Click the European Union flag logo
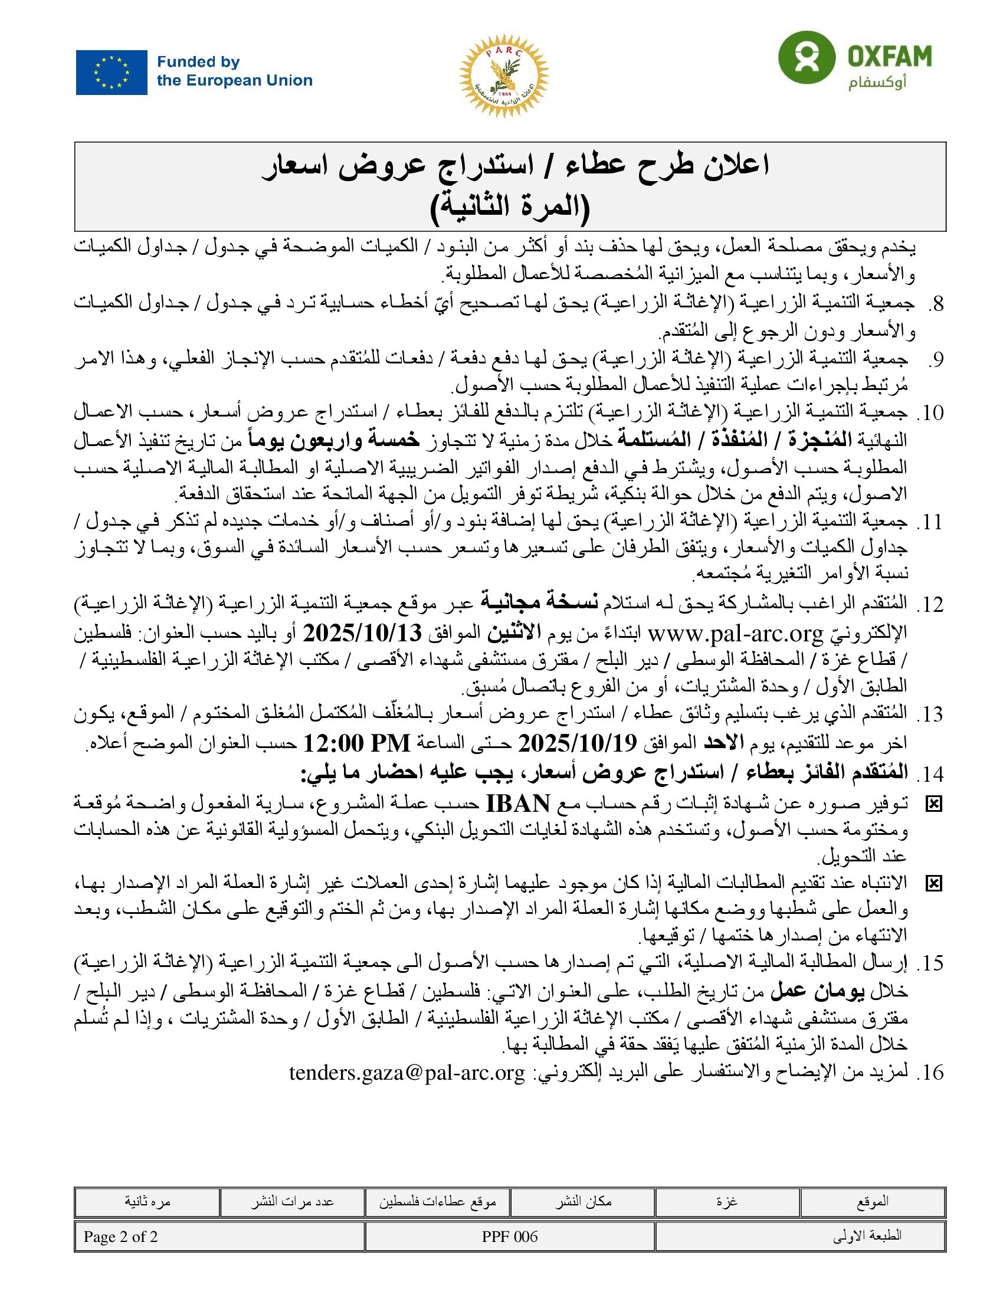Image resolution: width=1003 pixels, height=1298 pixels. coord(111,72)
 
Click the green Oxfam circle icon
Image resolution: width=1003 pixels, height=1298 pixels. coord(807,58)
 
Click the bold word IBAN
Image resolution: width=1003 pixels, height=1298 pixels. coord(517,804)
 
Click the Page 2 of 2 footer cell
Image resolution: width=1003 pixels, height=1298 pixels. coord(120,1237)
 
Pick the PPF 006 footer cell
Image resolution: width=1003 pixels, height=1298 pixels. coord(509,1237)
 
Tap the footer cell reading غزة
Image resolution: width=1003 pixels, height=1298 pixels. coord(727,1202)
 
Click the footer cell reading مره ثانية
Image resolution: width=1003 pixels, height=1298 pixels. coord(147,1202)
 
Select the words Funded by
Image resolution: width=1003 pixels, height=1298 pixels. coord(198,62)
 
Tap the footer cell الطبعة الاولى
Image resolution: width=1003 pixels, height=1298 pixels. coord(867,1236)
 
